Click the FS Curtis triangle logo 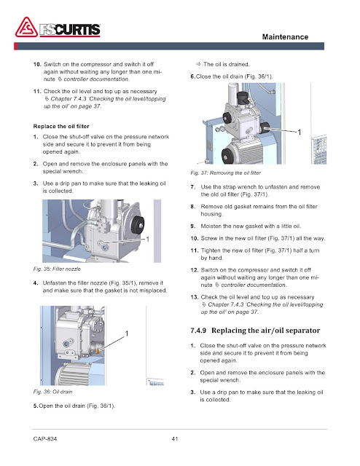click(26, 28)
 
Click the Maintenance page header click(285, 37)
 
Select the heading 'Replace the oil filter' click(61, 126)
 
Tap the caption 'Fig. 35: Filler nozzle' click(57, 269)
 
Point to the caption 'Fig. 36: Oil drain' click(52, 392)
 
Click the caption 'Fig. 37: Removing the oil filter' click(225, 173)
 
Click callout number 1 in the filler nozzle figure click(147, 240)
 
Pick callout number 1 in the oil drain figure click(127, 333)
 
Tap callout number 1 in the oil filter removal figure click(300, 133)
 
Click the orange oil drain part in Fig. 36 click(98, 351)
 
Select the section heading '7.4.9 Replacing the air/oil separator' click(255, 331)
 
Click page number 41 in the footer click(175, 438)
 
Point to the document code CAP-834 click(45, 438)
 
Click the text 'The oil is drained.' click(227, 64)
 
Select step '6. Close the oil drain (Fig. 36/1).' click(232, 76)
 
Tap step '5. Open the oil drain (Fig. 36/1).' click(74, 406)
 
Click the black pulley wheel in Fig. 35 click(138, 225)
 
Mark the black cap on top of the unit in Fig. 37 click(243, 97)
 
